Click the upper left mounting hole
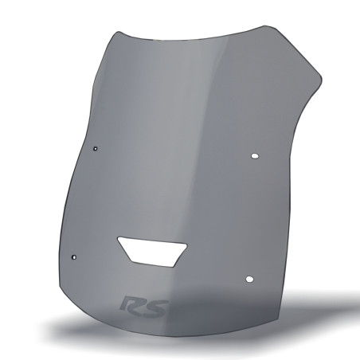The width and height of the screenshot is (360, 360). tap(96, 148)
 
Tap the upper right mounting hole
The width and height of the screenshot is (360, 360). tap(255, 156)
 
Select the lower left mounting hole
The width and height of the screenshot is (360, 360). tap(74, 256)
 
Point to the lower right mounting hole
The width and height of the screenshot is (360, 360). tap(249, 279)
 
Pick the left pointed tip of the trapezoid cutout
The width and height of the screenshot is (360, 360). tap(117, 238)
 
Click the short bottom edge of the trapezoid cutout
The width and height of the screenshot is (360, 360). tap(151, 264)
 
